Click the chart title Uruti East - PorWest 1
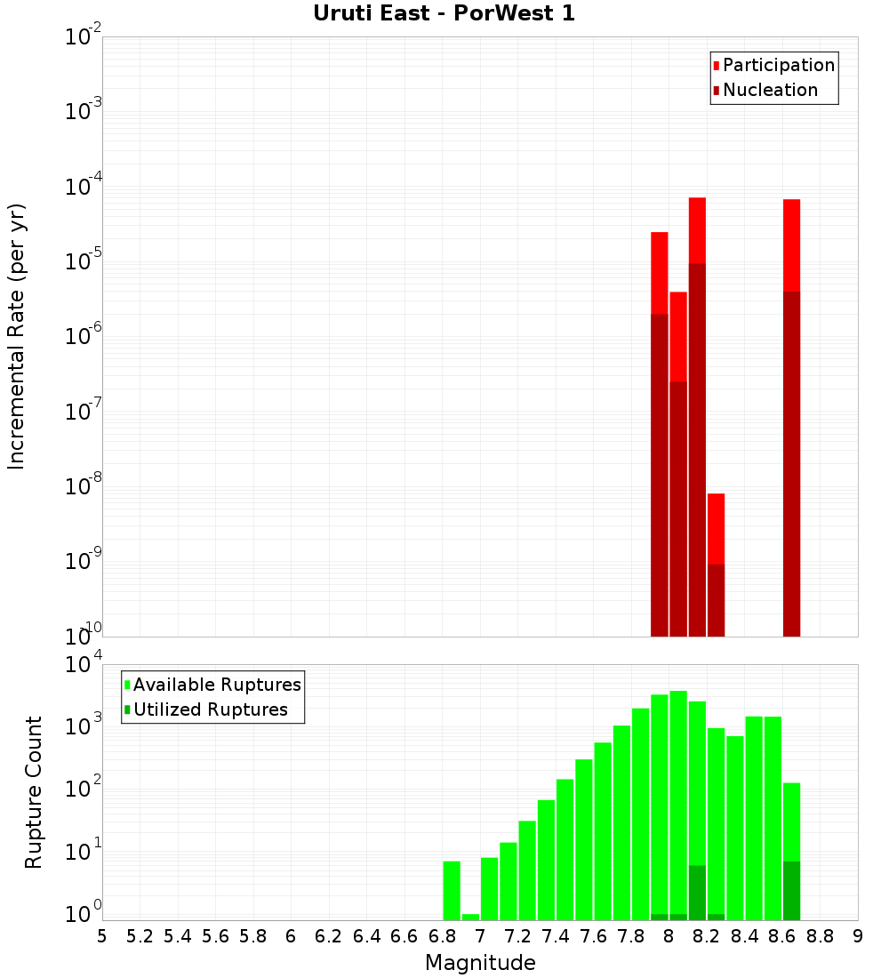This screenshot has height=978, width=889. coord(444,13)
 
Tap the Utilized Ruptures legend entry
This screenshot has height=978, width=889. coord(210,709)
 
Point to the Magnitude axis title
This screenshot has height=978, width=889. coord(480,963)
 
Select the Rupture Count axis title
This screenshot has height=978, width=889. coord(34,792)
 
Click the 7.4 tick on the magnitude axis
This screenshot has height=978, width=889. coord(556,936)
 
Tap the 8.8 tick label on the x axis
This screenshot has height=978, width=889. coord(821,936)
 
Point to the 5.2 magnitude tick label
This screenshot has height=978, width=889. coord(140,936)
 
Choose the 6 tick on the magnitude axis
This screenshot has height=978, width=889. coord(291,936)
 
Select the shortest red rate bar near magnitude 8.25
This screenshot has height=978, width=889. coord(716,528)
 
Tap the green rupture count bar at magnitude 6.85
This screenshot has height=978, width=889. coord(452,890)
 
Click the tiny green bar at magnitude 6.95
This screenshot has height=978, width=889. coord(470,917)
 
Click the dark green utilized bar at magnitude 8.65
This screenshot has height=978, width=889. coord(791,890)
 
